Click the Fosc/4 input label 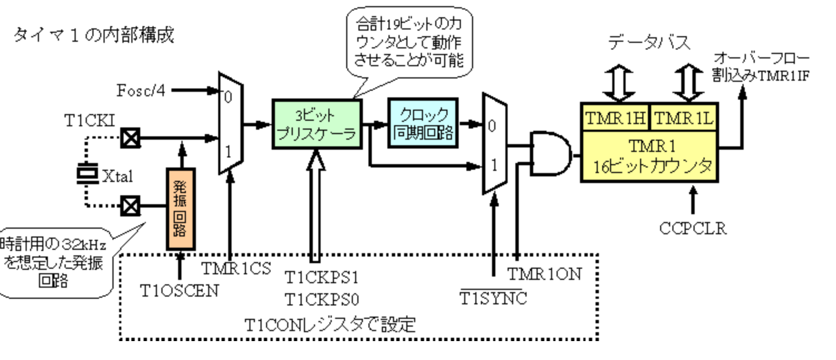pyautogui.click(x=141, y=90)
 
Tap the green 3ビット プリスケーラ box pyautogui.click(x=316, y=124)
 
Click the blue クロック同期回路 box pyautogui.click(x=423, y=124)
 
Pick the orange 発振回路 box pyautogui.click(x=181, y=209)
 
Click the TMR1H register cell pyautogui.click(x=614, y=118)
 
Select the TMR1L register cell pyautogui.click(x=683, y=118)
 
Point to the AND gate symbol pyautogui.click(x=550, y=154)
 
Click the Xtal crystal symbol pyautogui.click(x=87, y=173)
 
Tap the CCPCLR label pyautogui.click(x=693, y=229)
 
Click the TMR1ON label pyautogui.click(x=544, y=274)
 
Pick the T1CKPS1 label pyautogui.click(x=322, y=277)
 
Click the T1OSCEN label pyautogui.click(x=179, y=290)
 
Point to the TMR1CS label pyautogui.click(x=236, y=268)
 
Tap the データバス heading pyautogui.click(x=650, y=42)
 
